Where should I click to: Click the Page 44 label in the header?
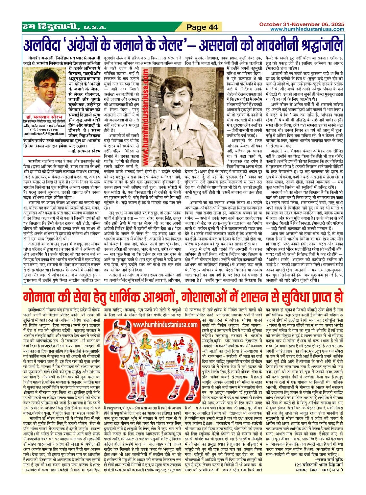pyautogui.click(x=202, y=27)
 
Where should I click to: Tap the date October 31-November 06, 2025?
pyautogui.click(x=302, y=24)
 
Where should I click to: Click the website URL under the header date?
pyautogui.click(x=307, y=29)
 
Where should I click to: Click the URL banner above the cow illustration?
pyautogui.click(x=165, y=325)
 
